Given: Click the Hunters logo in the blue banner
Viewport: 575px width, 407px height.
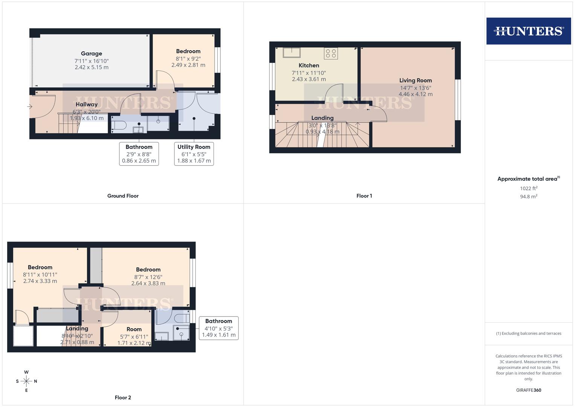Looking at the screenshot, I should (528, 31).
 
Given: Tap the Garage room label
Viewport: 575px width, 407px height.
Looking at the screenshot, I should (91, 54).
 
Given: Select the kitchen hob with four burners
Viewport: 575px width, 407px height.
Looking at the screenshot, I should (331, 53).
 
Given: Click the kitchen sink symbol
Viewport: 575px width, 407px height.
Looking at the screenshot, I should (291, 52).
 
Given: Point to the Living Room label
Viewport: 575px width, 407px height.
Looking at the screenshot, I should (415, 80).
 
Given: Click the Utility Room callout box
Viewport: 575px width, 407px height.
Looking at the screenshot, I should (194, 154).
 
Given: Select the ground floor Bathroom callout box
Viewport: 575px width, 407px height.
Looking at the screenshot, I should (139, 154).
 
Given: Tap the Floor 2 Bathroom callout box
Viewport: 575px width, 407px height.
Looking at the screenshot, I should (218, 328).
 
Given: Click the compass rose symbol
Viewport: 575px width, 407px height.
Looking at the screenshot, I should (26, 381).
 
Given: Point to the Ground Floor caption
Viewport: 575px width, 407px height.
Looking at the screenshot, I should (123, 196).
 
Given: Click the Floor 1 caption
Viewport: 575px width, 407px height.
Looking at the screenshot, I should (364, 196).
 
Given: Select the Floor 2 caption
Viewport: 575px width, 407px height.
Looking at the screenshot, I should (123, 398).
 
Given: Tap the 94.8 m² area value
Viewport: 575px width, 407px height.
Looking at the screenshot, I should (528, 197).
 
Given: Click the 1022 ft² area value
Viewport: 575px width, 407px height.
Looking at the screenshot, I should (528, 188).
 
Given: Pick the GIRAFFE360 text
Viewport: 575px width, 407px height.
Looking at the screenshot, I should (528, 390).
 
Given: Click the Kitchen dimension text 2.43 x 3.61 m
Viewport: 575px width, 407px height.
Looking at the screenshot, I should (309, 79).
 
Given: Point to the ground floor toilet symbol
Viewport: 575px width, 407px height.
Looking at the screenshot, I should (119, 125).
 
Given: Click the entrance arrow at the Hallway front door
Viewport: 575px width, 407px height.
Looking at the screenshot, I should (30, 107).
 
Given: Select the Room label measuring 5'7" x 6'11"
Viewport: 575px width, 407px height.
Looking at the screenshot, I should (134, 329).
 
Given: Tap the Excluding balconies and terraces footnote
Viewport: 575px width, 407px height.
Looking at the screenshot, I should (528, 334).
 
